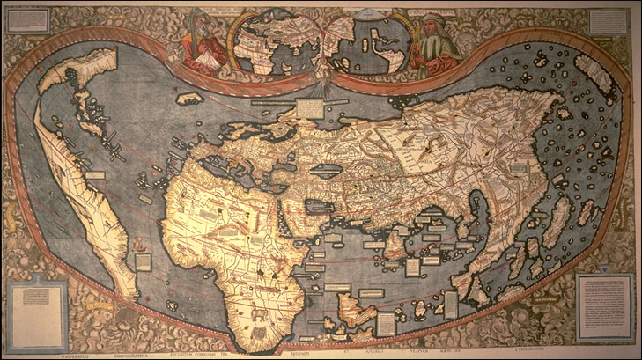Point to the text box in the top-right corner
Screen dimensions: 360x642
pos(608,22)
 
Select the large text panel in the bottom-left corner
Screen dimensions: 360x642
pos(36,307)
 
